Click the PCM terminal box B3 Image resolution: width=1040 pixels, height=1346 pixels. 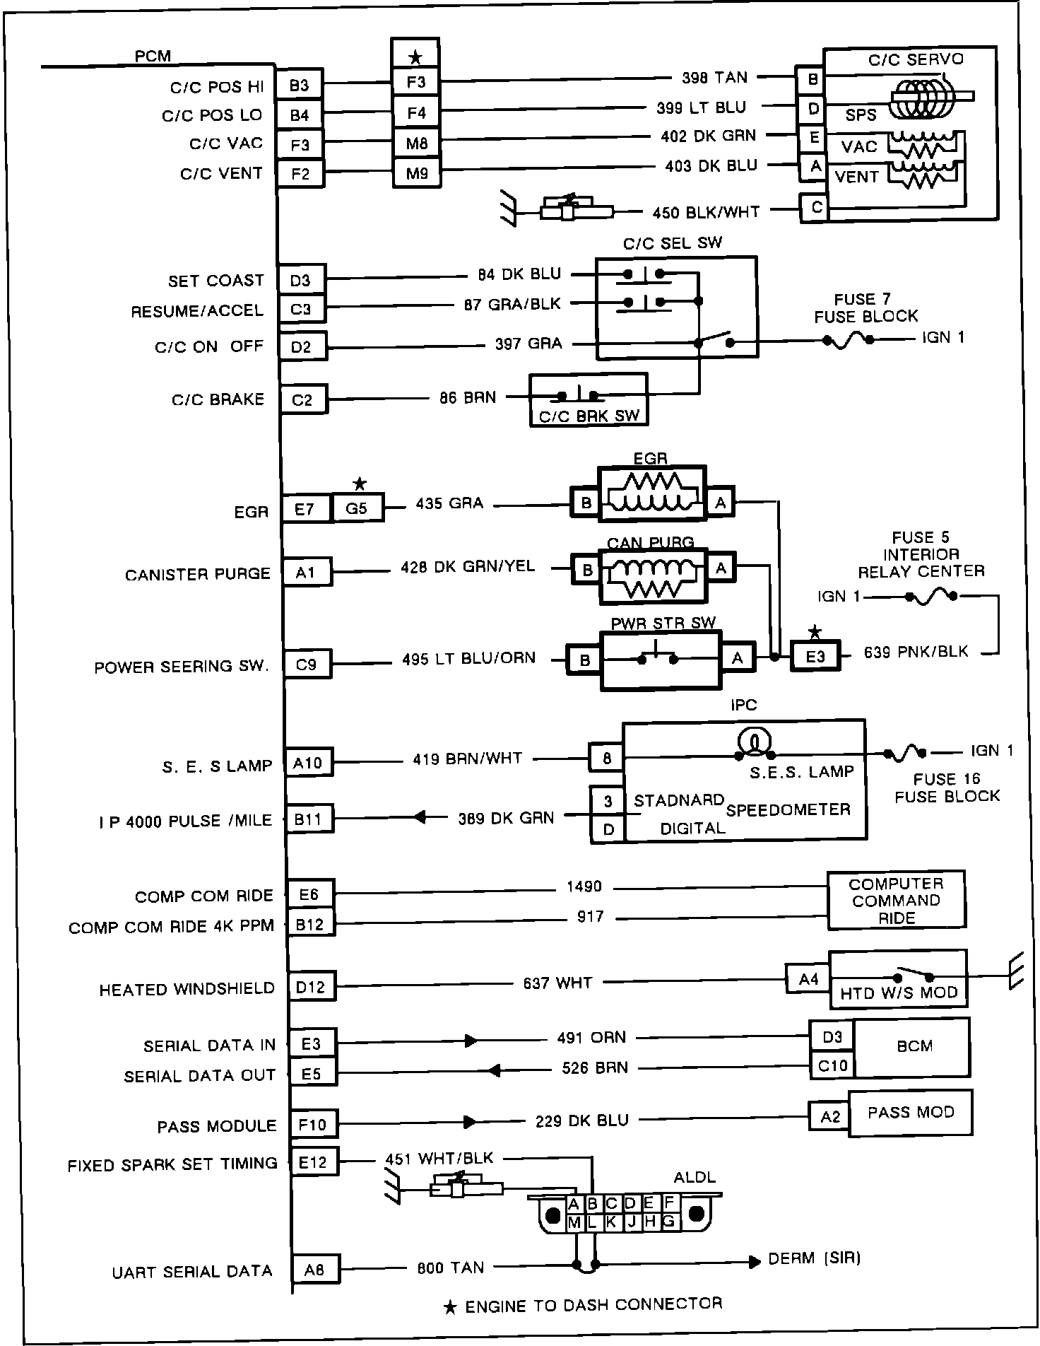[300, 86]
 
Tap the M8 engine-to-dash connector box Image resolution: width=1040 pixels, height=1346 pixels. [417, 144]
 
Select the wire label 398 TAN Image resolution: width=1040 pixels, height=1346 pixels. [714, 78]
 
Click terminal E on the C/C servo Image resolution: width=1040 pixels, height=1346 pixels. [813, 139]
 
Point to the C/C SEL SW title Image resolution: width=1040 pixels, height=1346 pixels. [672, 243]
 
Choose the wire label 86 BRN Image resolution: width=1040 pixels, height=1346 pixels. [468, 397]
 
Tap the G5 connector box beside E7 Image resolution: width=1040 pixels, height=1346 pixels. [357, 508]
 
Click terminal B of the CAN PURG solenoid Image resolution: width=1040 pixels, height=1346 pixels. [587, 570]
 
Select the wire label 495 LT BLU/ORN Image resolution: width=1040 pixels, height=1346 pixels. [468, 658]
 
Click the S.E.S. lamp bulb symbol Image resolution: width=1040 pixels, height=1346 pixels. [754, 742]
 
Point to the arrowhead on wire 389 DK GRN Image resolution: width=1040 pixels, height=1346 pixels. [420, 818]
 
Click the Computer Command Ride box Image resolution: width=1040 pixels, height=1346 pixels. [896, 901]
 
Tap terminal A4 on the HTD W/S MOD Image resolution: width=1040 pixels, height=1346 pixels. [808, 979]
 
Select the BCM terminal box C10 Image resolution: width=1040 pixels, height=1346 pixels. [832, 1065]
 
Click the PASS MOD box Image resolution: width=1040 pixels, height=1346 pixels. [910, 1113]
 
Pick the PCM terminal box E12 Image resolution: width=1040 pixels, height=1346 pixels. [313, 1161]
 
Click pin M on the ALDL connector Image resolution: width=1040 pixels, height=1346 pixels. [574, 1222]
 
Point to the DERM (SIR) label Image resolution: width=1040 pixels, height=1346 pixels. [814, 1258]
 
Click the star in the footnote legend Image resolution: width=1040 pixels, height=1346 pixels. [450, 1308]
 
